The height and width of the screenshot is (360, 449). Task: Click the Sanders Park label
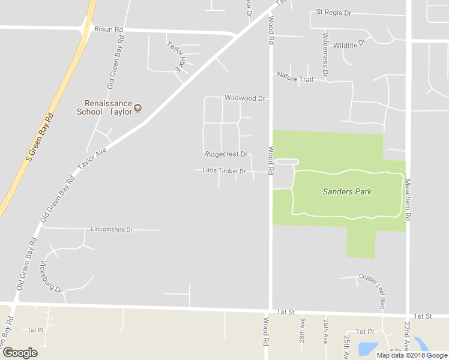pos(347,192)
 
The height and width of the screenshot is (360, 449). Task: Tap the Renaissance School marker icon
pos(138,108)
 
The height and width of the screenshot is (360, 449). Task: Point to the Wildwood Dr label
pos(244,98)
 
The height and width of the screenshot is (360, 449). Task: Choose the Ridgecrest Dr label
pos(226,154)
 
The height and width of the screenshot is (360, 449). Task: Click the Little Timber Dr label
pos(224,171)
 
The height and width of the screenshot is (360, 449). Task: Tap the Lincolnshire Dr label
pos(112,229)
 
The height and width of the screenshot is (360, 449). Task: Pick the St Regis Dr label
pos(333,12)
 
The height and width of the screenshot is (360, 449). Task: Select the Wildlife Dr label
pos(349,45)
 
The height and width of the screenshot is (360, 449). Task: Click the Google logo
pos(20,353)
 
